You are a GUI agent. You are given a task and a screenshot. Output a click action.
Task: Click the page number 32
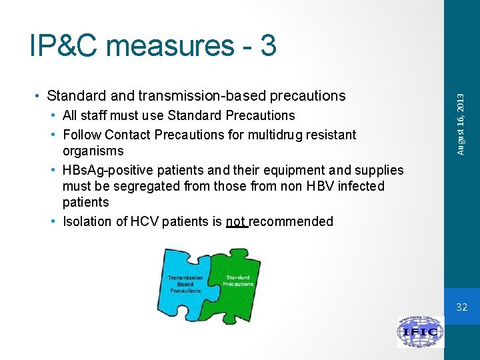point(461,307)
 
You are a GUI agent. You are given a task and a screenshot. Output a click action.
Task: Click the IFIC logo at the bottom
point(420,331)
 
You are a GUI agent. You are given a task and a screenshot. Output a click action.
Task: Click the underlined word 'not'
point(236,221)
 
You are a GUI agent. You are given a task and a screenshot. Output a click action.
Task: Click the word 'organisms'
point(93,151)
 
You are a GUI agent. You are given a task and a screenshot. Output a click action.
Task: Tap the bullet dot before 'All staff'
point(53,115)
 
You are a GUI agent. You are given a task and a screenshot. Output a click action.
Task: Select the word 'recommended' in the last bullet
point(292,221)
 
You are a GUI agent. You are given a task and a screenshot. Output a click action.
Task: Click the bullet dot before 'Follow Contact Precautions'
point(53,135)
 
